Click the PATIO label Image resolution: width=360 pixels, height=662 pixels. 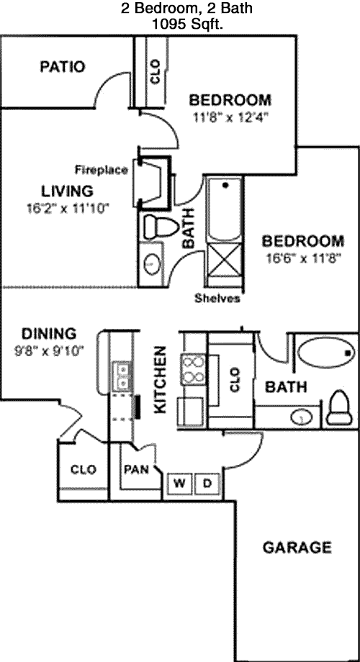63,67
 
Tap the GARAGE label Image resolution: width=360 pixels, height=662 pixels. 297,548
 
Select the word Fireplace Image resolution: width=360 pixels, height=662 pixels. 102,170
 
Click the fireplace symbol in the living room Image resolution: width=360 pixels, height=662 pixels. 152,183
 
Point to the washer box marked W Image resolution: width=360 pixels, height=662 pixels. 179,484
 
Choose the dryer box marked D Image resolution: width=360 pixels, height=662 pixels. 207,484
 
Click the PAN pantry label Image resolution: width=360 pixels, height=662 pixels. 136,469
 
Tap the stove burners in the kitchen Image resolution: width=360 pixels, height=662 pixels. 193,369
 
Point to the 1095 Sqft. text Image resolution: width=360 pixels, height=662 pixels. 187,25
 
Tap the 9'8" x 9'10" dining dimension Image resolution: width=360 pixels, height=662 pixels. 50,351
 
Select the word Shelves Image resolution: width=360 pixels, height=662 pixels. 217,299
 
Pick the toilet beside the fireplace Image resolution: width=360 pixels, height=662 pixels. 159,227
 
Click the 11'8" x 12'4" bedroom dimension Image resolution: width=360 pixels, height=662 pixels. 231,117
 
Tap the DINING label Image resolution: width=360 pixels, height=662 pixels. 48,334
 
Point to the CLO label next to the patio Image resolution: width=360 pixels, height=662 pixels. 155,71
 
